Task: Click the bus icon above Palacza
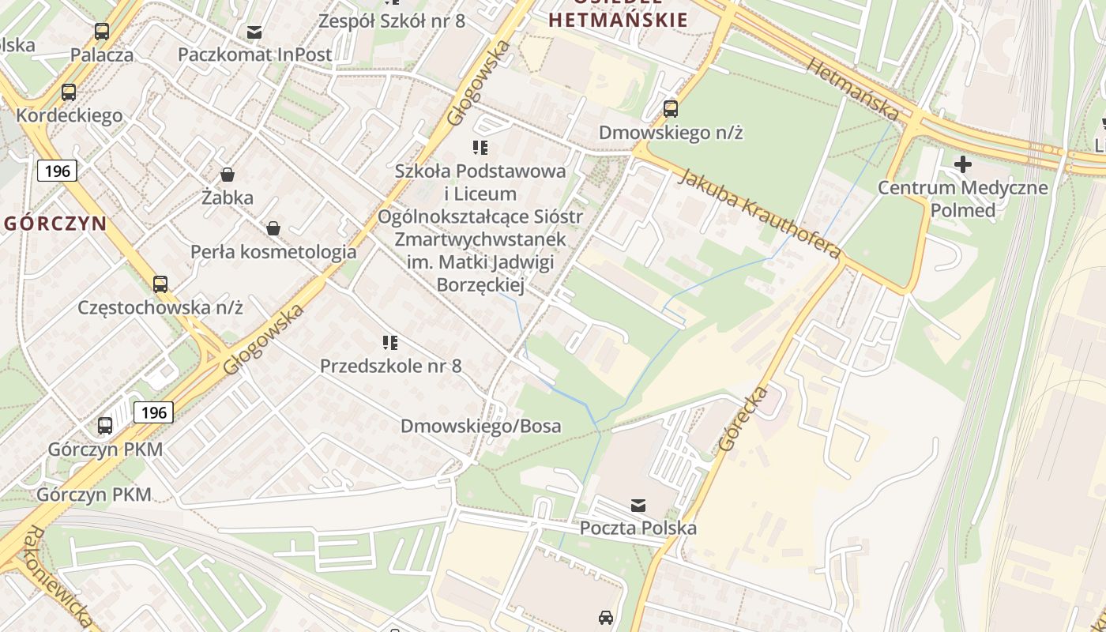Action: click(x=102, y=32)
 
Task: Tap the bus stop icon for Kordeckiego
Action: click(x=69, y=92)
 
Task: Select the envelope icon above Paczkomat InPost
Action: click(x=254, y=32)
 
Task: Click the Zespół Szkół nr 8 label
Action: click(x=391, y=21)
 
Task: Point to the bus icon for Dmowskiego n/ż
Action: click(x=671, y=109)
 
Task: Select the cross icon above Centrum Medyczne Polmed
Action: click(x=962, y=164)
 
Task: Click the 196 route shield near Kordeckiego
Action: click(x=57, y=171)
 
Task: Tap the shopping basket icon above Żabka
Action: click(x=228, y=174)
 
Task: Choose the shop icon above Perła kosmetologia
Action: click(x=273, y=228)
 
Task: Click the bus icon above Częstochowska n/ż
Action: click(x=160, y=284)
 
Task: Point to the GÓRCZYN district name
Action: click(x=55, y=223)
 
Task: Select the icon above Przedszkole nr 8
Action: click(x=390, y=342)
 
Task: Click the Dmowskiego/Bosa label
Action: click(x=480, y=427)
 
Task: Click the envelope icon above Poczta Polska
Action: click(x=638, y=505)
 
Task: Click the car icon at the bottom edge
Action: click(x=606, y=617)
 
